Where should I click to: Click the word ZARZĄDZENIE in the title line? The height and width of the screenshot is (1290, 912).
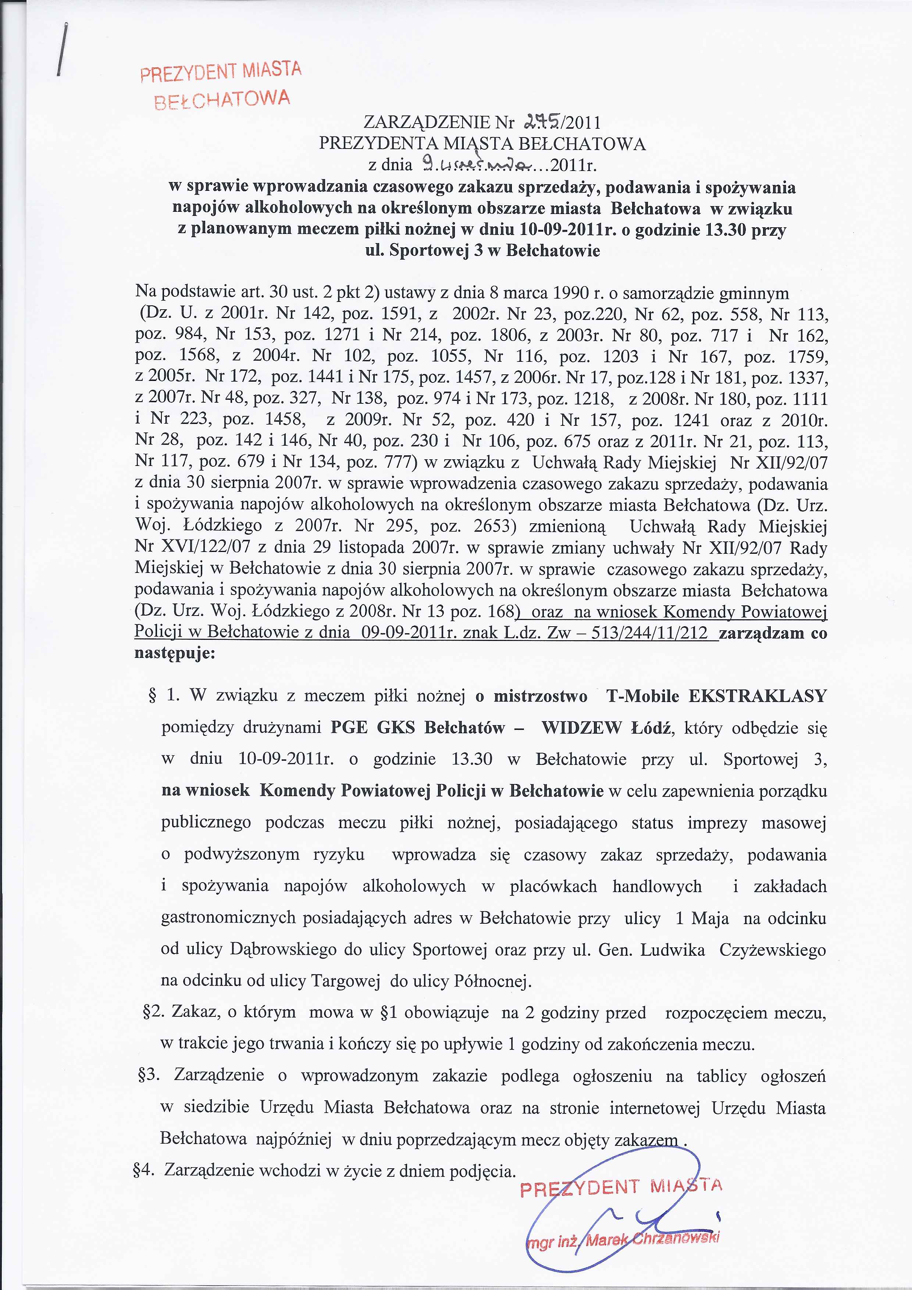pos(427,122)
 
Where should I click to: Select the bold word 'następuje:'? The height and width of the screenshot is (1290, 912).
pos(175,654)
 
